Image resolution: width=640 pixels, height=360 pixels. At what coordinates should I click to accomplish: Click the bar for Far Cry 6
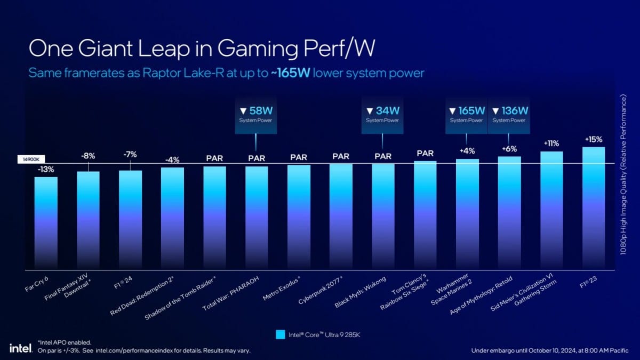[46, 222]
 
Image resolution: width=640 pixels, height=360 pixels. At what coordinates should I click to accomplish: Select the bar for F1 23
[594, 208]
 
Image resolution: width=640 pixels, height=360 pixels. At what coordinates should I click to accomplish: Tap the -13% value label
[46, 170]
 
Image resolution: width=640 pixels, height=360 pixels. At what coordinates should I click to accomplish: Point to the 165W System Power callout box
[466, 115]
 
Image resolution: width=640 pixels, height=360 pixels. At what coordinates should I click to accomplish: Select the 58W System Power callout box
[256, 115]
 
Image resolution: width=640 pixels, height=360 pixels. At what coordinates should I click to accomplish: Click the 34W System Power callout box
[382, 115]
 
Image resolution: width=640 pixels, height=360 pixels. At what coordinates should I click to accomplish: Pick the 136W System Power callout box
[509, 115]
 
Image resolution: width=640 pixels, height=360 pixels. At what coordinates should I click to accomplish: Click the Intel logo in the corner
[19, 348]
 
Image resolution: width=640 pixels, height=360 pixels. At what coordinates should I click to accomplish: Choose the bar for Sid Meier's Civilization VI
[551, 210]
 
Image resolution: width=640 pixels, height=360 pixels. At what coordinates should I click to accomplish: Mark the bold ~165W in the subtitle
[291, 73]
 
